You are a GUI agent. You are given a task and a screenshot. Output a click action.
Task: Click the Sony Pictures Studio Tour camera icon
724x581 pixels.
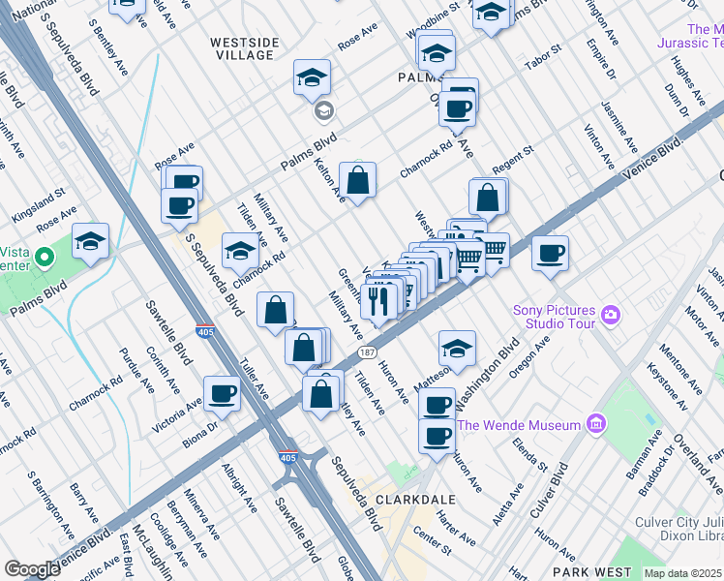(610, 314)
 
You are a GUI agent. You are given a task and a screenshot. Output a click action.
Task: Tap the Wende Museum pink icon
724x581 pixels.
(596, 424)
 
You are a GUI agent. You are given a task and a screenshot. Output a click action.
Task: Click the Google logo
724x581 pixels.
(32, 569)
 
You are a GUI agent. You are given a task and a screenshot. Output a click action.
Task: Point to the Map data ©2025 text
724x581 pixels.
(682, 573)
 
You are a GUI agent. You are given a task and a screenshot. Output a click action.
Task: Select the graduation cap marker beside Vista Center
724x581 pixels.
(90, 243)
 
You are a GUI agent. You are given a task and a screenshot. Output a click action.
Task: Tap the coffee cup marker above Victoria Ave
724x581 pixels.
(222, 393)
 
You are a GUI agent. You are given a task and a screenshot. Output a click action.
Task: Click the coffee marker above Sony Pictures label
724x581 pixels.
(550, 254)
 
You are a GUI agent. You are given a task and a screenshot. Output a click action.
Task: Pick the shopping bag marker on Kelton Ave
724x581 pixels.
(357, 180)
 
